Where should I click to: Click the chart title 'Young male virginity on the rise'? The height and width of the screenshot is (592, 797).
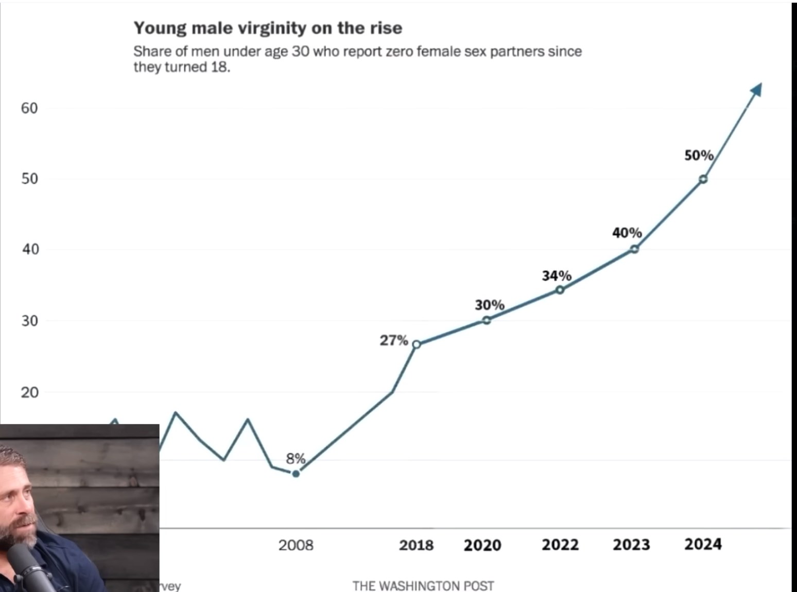[x=268, y=28]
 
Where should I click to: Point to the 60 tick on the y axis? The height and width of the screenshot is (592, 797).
[x=29, y=108]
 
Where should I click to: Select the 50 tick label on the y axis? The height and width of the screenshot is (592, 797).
[x=29, y=179]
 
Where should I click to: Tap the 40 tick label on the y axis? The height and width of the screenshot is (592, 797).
[x=29, y=249]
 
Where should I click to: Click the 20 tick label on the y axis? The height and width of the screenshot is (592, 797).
[x=29, y=392]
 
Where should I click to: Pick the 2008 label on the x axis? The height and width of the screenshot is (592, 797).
[x=296, y=545]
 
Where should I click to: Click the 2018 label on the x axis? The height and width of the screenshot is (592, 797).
[x=416, y=545]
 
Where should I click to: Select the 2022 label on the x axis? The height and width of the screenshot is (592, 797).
[x=560, y=545]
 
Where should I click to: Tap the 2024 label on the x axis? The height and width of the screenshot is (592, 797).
[x=703, y=544]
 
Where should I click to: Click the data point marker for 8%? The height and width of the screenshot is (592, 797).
[x=296, y=474]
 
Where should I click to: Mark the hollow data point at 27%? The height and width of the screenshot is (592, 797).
[x=417, y=344]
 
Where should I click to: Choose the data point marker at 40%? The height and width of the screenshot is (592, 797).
[x=634, y=249]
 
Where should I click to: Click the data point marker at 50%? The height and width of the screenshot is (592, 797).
[x=703, y=179]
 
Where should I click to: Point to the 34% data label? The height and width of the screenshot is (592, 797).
[x=557, y=276]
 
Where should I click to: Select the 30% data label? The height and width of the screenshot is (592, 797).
[x=489, y=305]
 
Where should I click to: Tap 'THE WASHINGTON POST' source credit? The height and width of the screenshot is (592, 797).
[x=423, y=586]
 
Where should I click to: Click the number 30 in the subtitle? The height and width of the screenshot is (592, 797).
[x=300, y=51]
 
